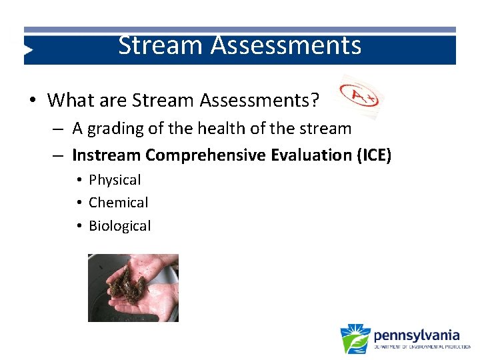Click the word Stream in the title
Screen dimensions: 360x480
pyautogui.click(x=161, y=46)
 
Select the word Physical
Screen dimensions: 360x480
pyautogui.click(x=115, y=180)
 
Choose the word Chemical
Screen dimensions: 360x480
pyautogui.click(x=118, y=203)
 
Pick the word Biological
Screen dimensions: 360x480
pyautogui.click(x=120, y=226)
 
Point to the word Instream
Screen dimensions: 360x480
pyautogui.click(x=106, y=155)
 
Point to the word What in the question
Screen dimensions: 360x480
pyautogui.click(x=70, y=101)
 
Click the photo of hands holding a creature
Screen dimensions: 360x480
pyautogui.click(x=133, y=288)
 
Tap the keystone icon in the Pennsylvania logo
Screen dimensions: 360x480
pyautogui.click(x=355, y=339)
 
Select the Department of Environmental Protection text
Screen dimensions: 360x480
pyautogui.click(x=421, y=347)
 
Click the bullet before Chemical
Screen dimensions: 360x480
pyautogui.click(x=79, y=203)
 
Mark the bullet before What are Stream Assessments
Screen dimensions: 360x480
pyautogui.click(x=32, y=101)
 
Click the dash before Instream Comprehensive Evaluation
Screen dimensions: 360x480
pyautogui.click(x=59, y=155)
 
